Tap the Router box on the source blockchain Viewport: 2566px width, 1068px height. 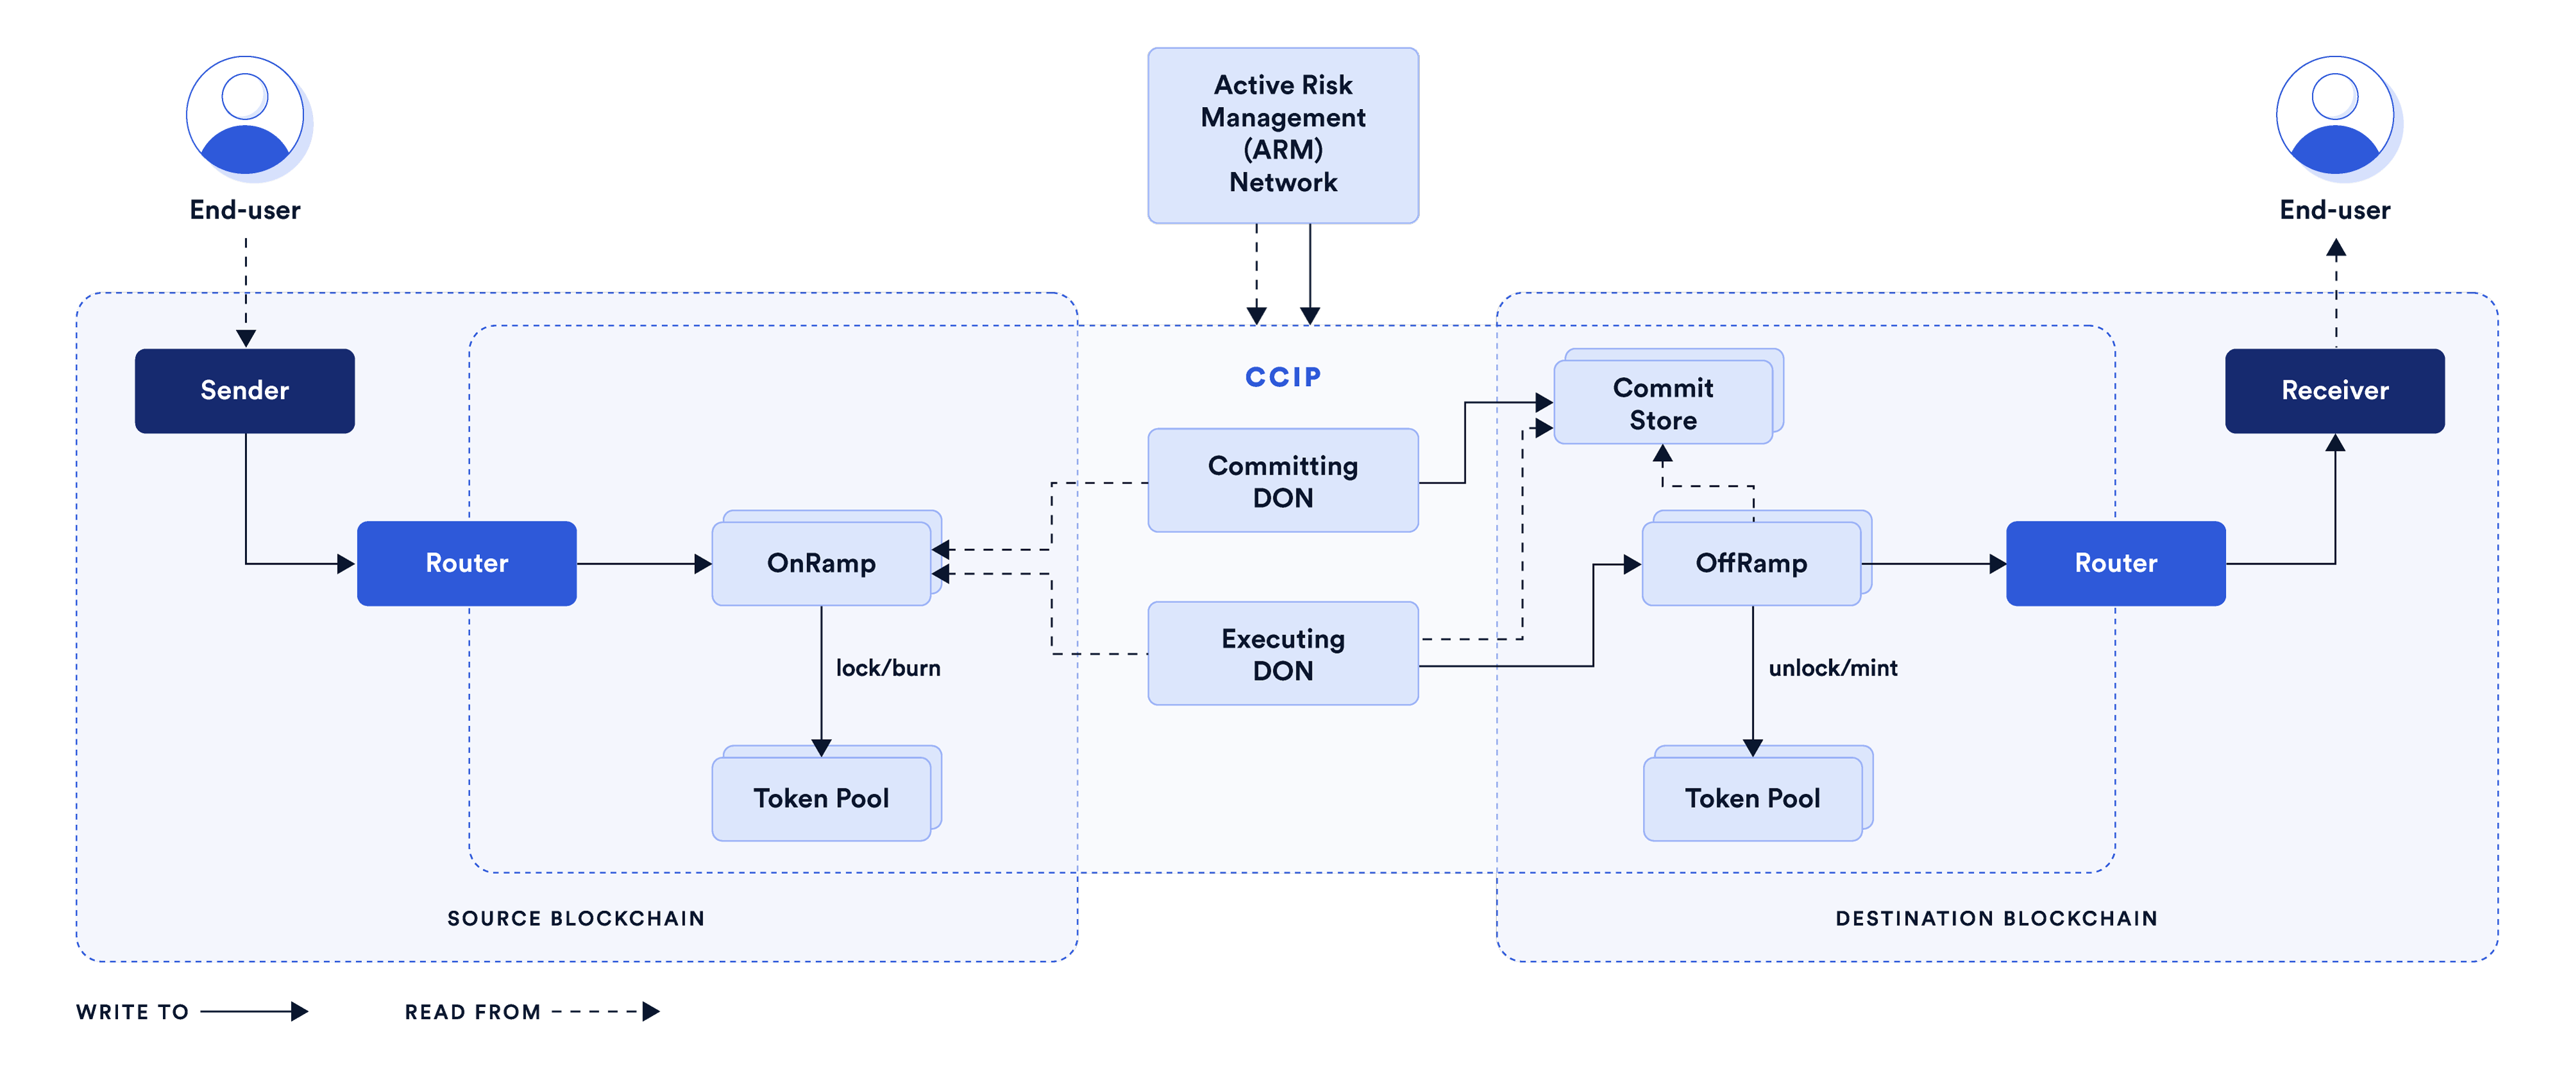pyautogui.click(x=466, y=563)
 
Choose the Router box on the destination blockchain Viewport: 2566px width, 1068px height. pyautogui.click(x=2115, y=563)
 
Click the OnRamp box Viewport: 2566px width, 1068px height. pyautogui.click(x=821, y=563)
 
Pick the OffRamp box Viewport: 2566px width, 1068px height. pyautogui.click(x=1751, y=563)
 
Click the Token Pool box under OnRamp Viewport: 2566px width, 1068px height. pyautogui.click(x=821, y=798)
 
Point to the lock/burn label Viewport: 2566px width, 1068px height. pyautogui.click(x=888, y=668)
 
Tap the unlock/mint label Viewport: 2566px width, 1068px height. pyautogui.click(x=1832, y=668)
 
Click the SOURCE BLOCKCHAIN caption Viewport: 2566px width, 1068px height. pyautogui.click(x=576, y=917)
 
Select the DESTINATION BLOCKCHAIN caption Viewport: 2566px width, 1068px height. pyautogui.click(x=1996, y=917)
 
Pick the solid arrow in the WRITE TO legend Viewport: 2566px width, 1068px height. pyautogui.click(x=254, y=1011)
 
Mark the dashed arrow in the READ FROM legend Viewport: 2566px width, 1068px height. pyautogui.click(x=605, y=1011)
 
